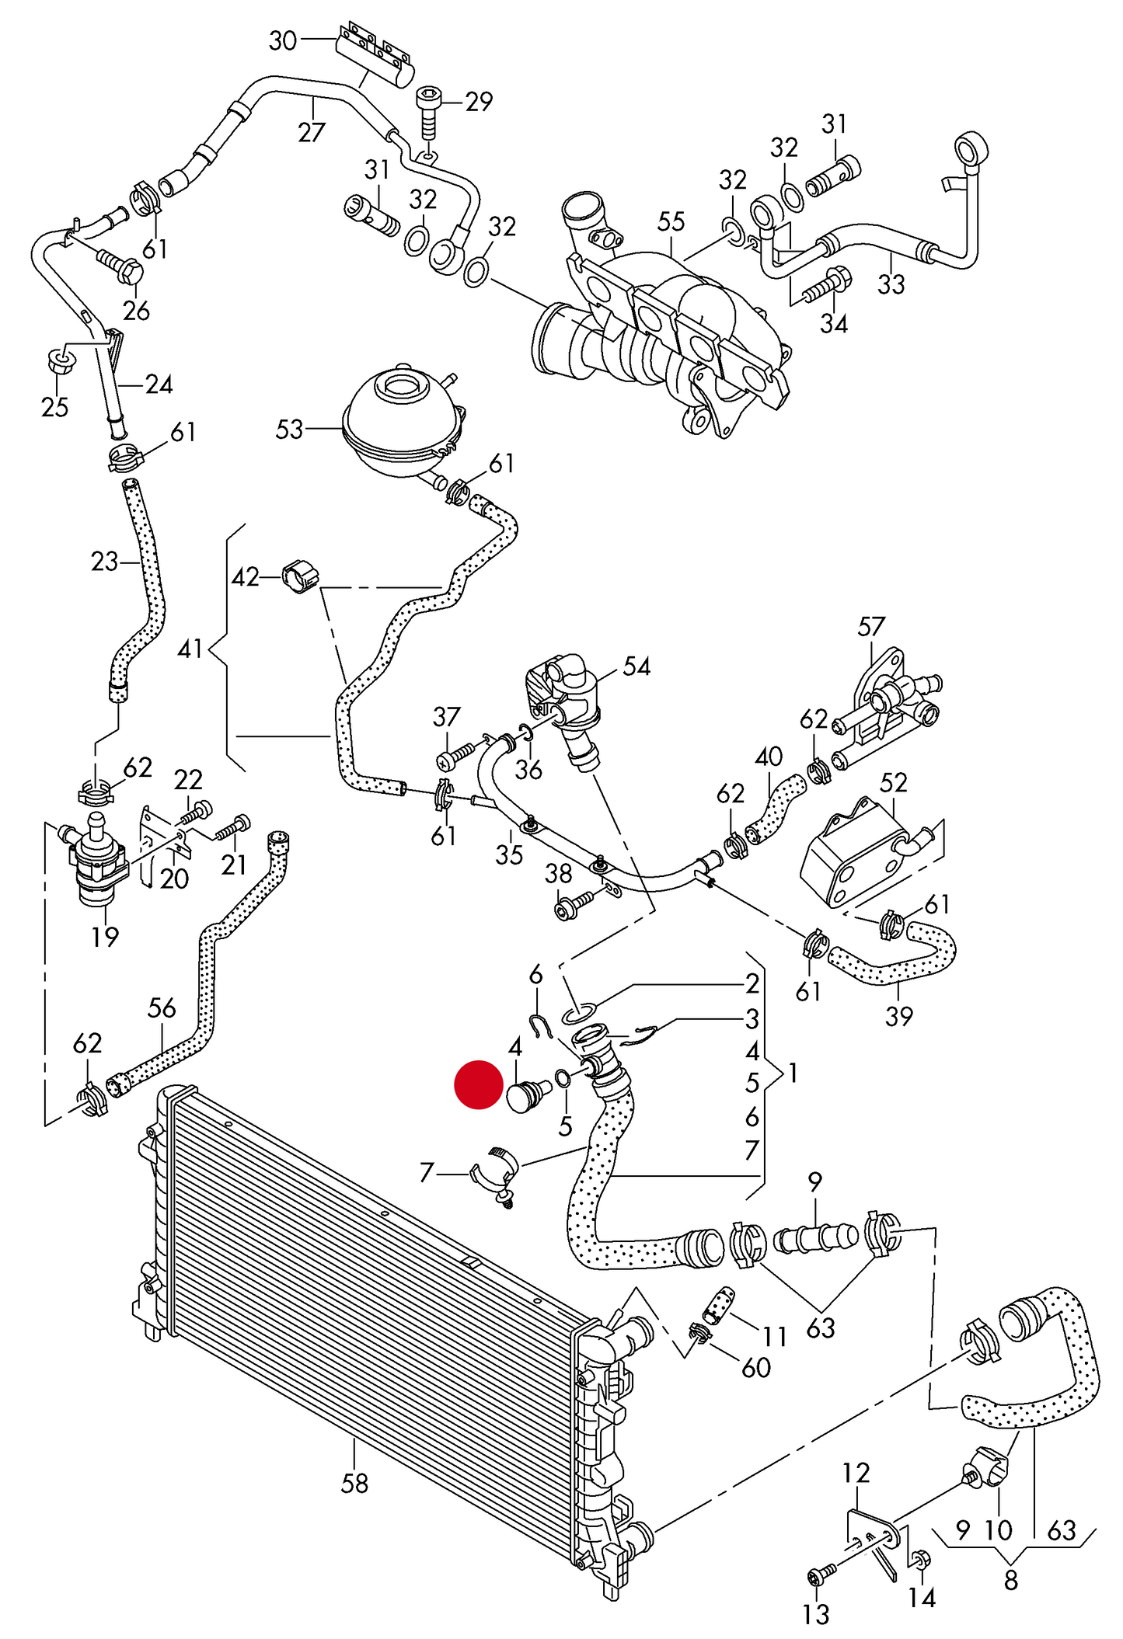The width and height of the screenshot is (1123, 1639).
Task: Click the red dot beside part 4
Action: (479, 1084)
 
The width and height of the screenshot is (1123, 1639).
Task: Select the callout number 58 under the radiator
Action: (354, 1483)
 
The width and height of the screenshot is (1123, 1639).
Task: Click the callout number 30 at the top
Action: (283, 40)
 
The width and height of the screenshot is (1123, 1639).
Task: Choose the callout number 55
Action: (671, 221)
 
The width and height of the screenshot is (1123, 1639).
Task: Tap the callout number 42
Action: (246, 577)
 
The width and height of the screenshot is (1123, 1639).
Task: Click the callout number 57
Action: (871, 627)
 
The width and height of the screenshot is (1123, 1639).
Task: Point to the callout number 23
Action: (104, 561)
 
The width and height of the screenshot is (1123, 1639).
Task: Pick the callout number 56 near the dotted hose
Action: (162, 1007)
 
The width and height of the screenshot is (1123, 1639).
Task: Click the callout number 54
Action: (636, 666)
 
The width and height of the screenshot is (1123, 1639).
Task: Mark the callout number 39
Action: (898, 1015)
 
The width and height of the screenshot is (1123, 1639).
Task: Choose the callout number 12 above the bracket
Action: (856, 1472)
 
